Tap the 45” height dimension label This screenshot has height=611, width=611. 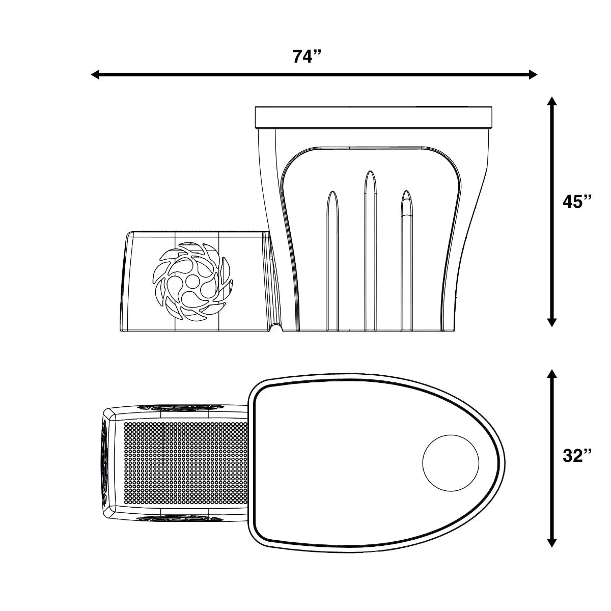point(577,202)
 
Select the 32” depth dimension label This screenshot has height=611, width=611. point(577,456)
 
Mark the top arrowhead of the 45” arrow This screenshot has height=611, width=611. point(551,101)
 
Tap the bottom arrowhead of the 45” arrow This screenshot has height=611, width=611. point(551,322)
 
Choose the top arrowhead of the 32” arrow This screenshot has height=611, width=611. point(551,374)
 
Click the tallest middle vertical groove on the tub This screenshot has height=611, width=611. point(369,249)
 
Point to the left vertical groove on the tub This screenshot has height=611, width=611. point(332,260)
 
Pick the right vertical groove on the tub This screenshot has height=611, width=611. point(406,260)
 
